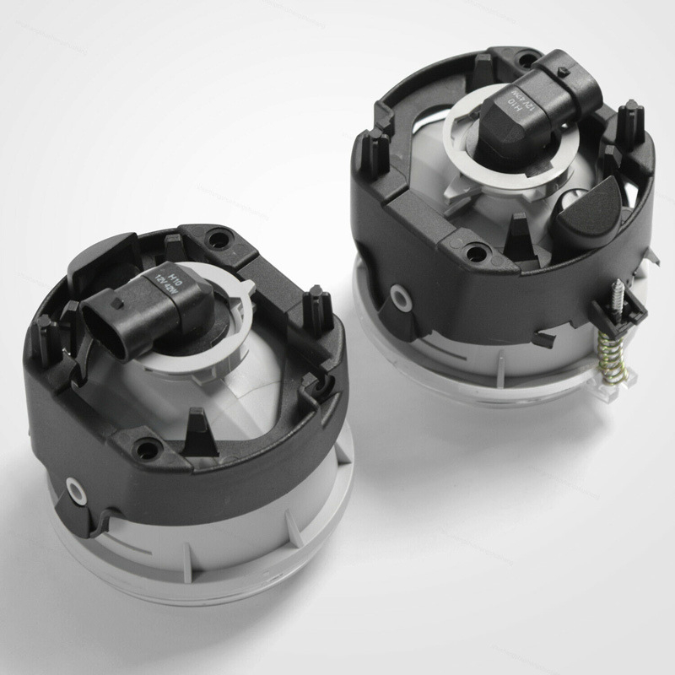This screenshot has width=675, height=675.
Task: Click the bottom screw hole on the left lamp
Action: [147, 450]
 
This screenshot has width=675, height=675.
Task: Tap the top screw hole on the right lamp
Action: [529, 60]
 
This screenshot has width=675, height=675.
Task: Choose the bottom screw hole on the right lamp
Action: [478, 251]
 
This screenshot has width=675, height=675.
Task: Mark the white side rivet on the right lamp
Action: [397, 299]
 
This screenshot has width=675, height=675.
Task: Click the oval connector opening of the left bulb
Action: [100, 318]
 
